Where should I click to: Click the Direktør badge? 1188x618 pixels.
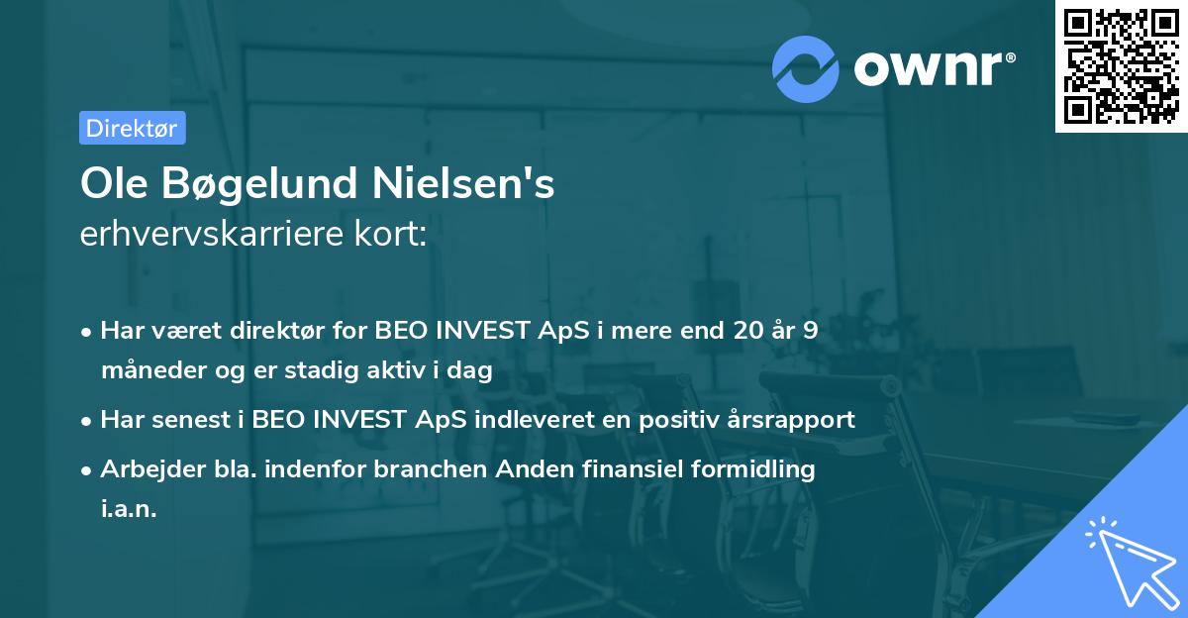tap(132, 128)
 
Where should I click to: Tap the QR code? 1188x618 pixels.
tap(1121, 66)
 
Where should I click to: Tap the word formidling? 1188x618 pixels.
tap(756, 469)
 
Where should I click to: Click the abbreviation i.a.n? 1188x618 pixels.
tap(129, 509)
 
